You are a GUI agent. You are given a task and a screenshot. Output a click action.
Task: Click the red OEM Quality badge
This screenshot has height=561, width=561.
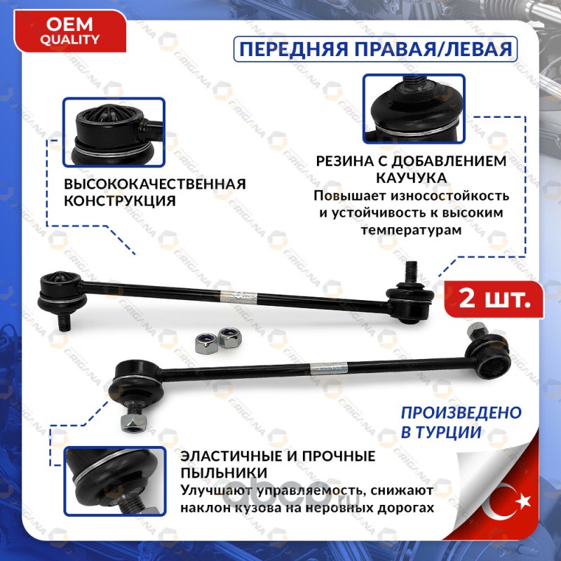[70, 32]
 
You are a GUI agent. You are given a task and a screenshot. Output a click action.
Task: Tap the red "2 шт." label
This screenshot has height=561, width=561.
[494, 299]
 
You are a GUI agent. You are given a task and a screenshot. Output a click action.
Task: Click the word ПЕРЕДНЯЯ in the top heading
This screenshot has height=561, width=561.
[293, 49]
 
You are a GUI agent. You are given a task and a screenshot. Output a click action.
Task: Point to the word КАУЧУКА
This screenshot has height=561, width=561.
[412, 178]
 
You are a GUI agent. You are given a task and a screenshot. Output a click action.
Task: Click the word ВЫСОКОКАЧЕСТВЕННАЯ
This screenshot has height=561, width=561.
[155, 184]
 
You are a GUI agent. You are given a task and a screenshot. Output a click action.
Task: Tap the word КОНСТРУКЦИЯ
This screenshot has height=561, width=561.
[120, 201]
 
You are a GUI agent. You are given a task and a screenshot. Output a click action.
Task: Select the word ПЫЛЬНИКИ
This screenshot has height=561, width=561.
[224, 473]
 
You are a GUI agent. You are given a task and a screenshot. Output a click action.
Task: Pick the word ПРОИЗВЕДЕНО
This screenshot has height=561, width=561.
[461, 413]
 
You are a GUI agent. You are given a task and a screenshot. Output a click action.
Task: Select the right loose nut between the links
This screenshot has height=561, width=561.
[229, 337]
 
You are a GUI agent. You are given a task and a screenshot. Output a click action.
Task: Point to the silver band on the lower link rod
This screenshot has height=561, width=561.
[328, 367]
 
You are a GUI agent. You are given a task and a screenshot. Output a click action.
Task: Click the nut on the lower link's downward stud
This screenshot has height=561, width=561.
[135, 424]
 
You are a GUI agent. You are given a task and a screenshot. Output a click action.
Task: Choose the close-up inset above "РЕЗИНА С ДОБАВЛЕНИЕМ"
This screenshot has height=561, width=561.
[414, 109]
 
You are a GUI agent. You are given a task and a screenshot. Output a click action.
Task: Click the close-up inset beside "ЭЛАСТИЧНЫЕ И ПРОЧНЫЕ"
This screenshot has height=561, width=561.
[114, 481]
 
